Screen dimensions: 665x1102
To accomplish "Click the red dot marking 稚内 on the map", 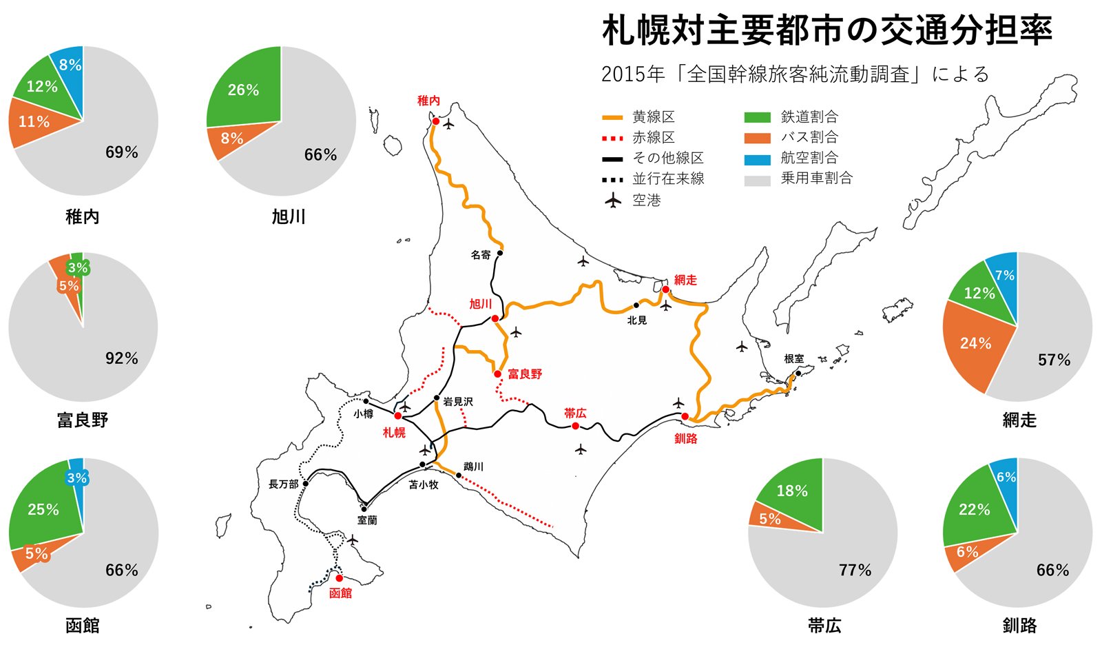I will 435,121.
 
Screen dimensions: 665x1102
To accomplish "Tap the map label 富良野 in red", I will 525,374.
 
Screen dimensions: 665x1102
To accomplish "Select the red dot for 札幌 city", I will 398,416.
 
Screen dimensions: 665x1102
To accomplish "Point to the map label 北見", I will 637,320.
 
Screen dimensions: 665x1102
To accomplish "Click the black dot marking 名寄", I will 500,253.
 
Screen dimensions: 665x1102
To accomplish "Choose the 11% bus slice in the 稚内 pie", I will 34,122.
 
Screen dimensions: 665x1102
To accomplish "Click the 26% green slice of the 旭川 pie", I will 244,90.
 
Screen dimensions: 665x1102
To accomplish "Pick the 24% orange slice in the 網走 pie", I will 975,343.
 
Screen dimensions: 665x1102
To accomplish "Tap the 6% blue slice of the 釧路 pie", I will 1006,477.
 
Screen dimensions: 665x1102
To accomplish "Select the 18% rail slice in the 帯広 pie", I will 792,491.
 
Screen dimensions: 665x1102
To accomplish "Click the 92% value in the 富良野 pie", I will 122,358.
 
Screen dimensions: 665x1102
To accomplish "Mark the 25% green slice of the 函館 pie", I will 43,509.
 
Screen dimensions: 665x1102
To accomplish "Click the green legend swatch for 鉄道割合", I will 757,118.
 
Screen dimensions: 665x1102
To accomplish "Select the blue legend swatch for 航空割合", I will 757,159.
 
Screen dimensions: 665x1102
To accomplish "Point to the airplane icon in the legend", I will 612,201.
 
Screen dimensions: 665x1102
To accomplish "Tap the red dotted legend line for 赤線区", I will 612,138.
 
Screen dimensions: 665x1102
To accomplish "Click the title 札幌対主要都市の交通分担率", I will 826,30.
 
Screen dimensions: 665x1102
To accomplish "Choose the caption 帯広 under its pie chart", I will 824,626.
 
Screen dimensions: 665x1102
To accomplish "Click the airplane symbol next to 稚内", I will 450,125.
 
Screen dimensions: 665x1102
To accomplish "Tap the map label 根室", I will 793,359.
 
